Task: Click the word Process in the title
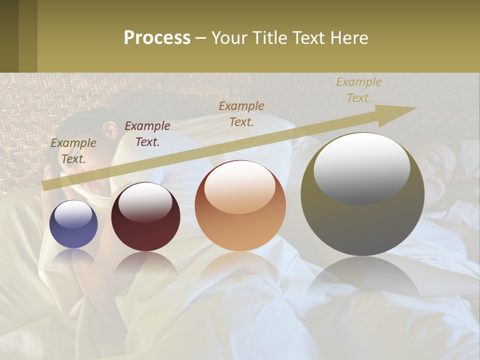157,38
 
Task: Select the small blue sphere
73,224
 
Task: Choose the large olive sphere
362,220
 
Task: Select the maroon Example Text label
147,134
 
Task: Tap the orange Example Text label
241,113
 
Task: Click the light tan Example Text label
358,90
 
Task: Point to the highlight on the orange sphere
240,187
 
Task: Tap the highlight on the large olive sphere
362,167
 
